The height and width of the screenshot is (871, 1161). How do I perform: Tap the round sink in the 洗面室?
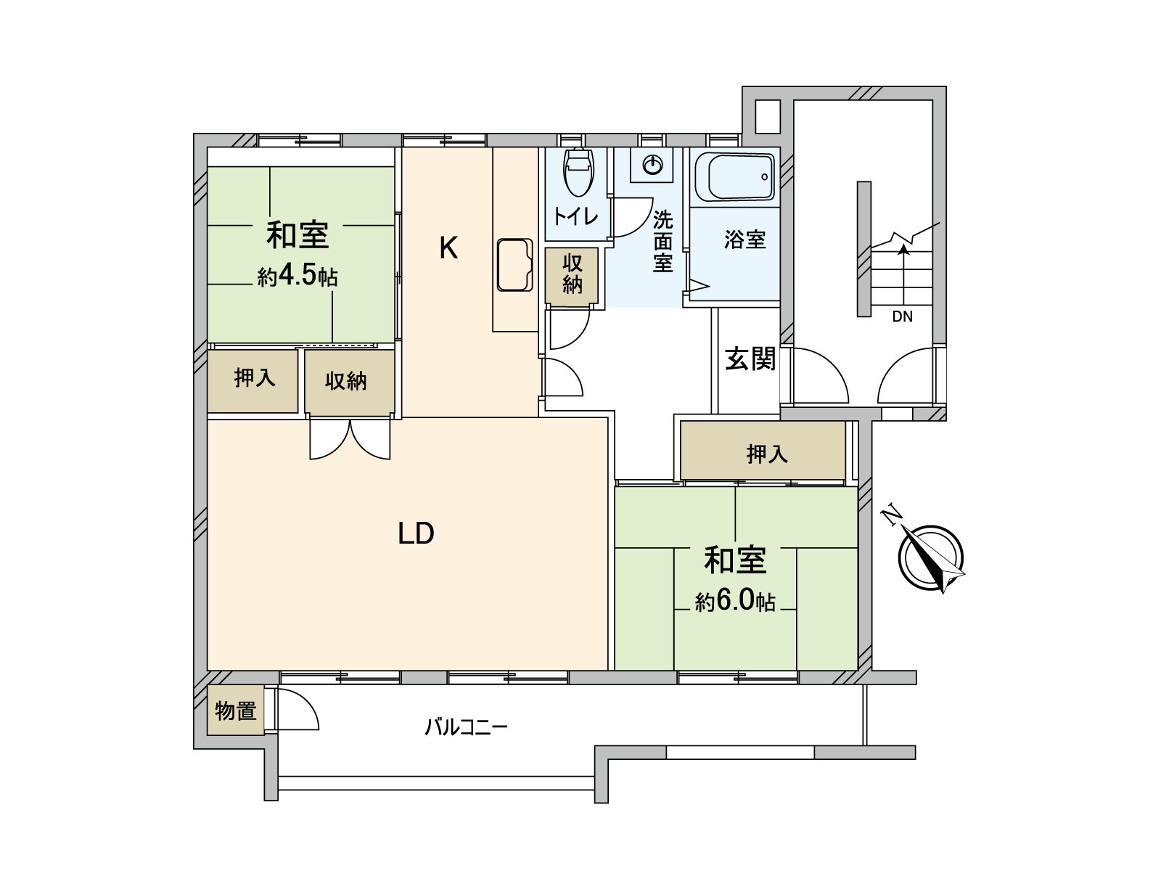(x=652, y=165)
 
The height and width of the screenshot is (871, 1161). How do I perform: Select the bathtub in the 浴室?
(x=734, y=176)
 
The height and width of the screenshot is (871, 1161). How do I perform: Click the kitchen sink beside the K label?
(x=514, y=265)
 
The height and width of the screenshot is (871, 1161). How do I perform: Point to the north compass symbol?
(x=930, y=557)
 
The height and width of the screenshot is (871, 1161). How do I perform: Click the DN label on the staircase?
(x=902, y=316)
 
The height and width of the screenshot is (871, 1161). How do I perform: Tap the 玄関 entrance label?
(x=750, y=359)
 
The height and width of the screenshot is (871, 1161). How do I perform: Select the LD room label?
(x=416, y=533)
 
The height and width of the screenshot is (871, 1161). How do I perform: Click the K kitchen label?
(x=448, y=248)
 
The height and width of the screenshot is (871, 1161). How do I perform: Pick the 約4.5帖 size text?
(x=298, y=276)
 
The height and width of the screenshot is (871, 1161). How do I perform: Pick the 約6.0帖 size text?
(x=735, y=601)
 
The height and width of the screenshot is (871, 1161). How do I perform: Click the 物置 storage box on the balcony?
(x=235, y=711)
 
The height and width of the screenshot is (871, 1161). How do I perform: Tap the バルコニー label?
(x=466, y=727)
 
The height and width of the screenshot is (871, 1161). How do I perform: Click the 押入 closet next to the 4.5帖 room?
(x=254, y=379)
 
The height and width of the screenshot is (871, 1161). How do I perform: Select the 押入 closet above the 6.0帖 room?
(x=766, y=454)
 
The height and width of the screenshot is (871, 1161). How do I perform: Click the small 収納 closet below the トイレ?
(x=572, y=274)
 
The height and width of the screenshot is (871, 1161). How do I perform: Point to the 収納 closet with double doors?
(x=346, y=381)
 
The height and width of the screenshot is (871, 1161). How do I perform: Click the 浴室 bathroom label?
(x=744, y=240)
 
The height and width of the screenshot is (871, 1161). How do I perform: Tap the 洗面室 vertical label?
(x=662, y=241)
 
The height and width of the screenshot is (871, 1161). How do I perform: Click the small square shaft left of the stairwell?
(x=767, y=115)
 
